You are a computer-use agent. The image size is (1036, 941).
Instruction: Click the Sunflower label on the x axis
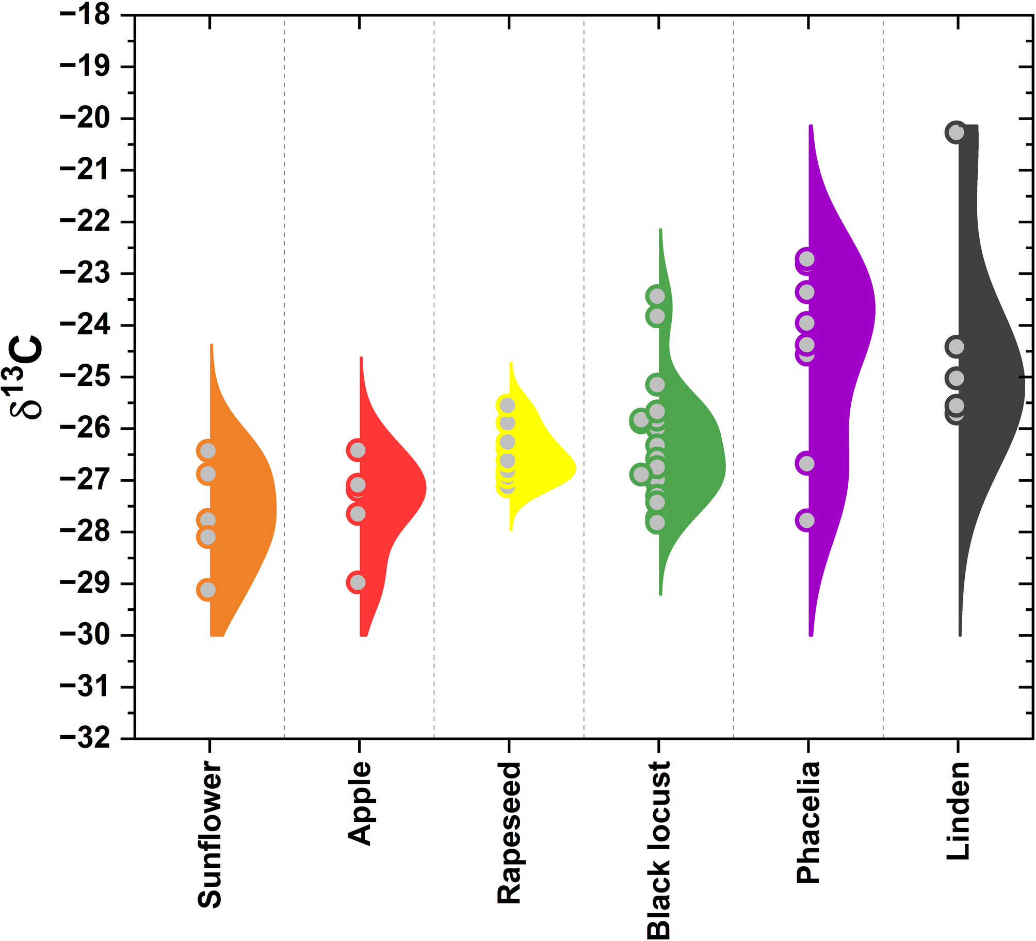209,834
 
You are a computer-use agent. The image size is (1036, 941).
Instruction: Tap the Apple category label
360,803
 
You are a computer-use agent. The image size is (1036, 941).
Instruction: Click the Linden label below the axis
958,810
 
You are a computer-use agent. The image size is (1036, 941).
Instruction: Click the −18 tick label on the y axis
85,15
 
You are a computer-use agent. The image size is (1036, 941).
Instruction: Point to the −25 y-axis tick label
85,377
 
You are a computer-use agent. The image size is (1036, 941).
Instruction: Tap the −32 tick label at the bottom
85,739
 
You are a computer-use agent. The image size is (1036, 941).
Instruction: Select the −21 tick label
85,170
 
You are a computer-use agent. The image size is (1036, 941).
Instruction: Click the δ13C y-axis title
27,377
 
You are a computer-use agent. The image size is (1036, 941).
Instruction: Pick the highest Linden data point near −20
956,133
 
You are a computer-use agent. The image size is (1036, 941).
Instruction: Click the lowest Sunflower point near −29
207,590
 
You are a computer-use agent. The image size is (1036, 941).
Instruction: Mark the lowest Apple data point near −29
358,582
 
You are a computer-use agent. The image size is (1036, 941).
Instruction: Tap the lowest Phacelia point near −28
806,521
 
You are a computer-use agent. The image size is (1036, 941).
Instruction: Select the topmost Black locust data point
657,296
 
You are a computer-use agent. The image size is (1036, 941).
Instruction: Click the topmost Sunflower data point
207,451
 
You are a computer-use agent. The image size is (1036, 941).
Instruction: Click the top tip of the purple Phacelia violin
811,127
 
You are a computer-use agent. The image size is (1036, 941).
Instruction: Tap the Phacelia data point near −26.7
806,464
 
